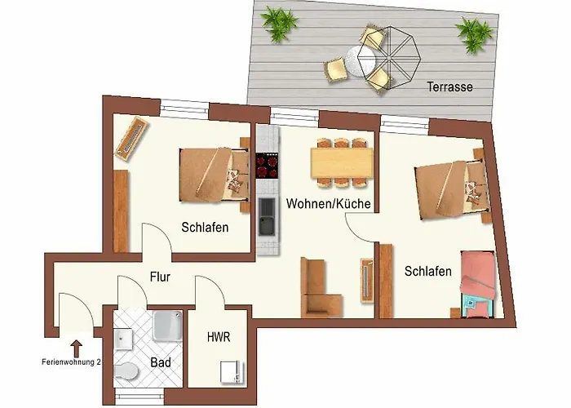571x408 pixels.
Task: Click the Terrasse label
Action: pos(449,86)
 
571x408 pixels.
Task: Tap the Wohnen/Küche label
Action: pos(329,203)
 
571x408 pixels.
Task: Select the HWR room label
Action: pos(219,337)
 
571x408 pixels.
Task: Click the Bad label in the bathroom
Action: pos(161,362)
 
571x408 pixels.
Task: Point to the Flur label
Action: pos(160,277)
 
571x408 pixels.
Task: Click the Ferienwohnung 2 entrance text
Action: pos(72,362)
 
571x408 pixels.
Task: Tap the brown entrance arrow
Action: pos(76,348)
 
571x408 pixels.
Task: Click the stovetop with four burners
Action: pos(267,166)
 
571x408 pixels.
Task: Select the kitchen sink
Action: pos(267,216)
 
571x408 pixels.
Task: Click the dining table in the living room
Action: pos(342,163)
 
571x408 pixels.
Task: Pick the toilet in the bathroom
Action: pos(126,371)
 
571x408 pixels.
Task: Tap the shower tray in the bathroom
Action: pos(167,326)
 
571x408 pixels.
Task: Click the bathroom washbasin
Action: pos(123,339)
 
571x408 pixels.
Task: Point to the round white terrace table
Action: pos(361,62)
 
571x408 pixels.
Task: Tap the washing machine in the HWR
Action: pos(232,372)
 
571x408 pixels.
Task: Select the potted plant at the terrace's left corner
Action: pos(279,24)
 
